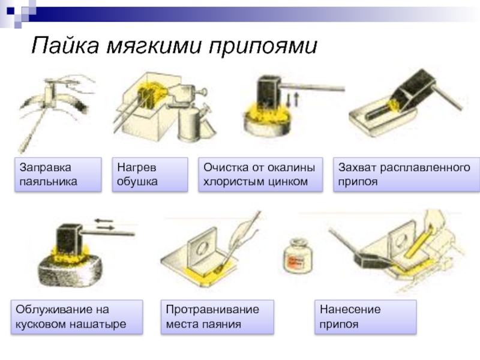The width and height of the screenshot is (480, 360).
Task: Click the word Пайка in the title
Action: coord(65,46)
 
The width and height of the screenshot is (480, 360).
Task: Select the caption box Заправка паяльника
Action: coord(58,175)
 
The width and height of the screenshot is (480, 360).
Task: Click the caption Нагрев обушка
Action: coord(150,175)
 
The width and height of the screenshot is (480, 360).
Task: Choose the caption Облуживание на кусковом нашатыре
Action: coord(77,317)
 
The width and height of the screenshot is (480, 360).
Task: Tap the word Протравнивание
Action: coord(212,310)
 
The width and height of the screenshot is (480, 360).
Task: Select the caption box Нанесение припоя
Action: coord(365,317)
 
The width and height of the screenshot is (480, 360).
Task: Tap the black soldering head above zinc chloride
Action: coord(269,91)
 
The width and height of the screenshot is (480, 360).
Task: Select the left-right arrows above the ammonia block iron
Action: coord(104,224)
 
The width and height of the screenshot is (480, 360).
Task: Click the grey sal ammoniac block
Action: coord(71,272)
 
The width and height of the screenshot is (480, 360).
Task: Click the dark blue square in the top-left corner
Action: coord(11,11)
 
